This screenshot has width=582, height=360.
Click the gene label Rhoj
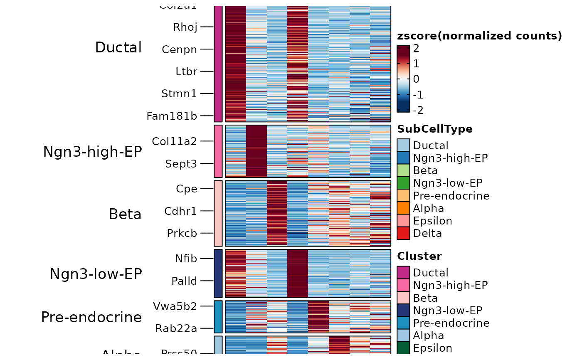[x=185, y=27]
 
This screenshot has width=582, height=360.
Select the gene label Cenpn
[x=180, y=49]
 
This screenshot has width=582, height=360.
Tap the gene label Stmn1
[x=179, y=94]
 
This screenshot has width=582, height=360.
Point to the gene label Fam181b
[x=172, y=116]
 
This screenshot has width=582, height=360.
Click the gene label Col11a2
[x=174, y=141]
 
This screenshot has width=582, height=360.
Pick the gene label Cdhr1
[x=181, y=211]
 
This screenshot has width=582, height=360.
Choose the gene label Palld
[x=184, y=281]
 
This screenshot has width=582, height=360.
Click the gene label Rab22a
[x=176, y=328]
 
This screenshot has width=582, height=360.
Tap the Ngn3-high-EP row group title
[x=92, y=152]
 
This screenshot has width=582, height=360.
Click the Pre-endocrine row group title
[x=91, y=317]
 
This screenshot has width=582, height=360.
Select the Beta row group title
[x=125, y=214]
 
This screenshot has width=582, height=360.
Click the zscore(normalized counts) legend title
[x=479, y=36]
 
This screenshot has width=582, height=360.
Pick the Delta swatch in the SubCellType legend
[x=403, y=233]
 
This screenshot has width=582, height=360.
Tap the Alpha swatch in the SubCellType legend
[x=403, y=208]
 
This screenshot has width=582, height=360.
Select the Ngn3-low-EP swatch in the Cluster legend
[x=403, y=311]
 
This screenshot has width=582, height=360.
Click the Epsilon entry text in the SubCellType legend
[x=432, y=221]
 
